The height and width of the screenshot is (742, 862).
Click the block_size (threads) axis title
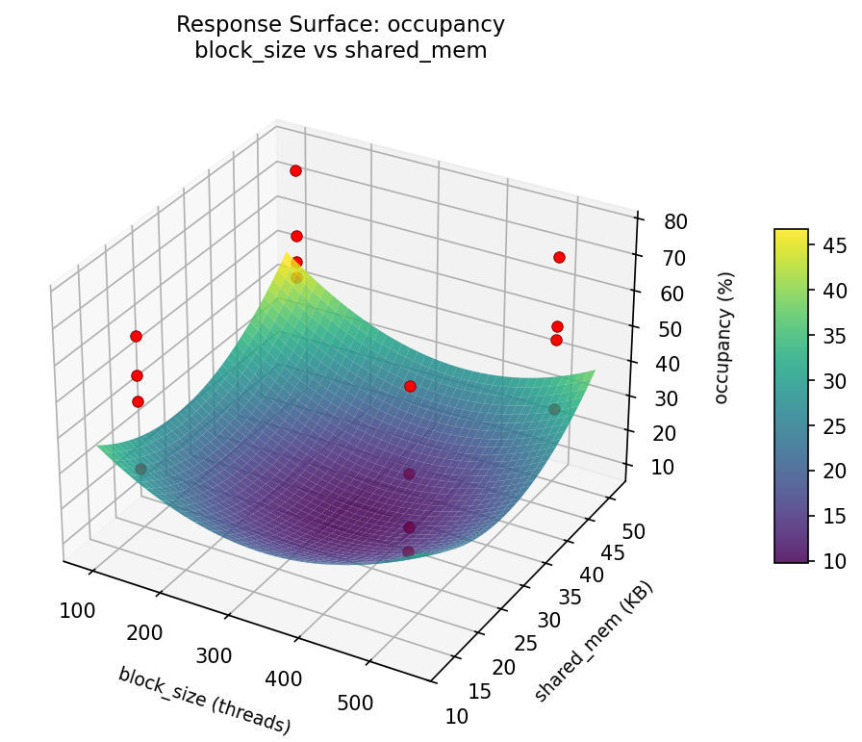point(204,700)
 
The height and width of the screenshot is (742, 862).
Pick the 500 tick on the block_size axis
point(356,704)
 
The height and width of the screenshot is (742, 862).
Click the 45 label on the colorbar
point(834,246)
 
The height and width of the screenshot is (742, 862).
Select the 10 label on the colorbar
point(834,560)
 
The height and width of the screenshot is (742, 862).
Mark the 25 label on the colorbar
point(834,425)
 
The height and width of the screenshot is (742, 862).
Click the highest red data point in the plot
point(295,170)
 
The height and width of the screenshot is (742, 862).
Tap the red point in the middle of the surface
point(410,386)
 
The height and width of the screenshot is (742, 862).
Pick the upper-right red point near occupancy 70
point(559,257)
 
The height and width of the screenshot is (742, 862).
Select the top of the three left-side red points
point(136,336)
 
